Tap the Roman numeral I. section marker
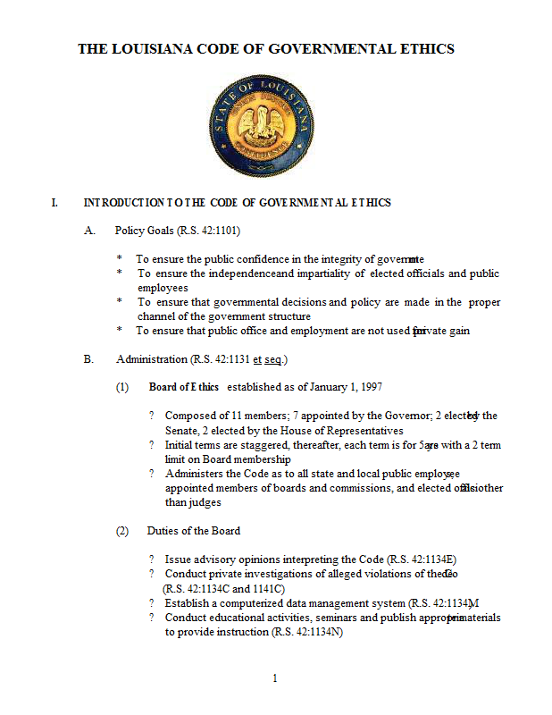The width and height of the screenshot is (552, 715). pos(55,203)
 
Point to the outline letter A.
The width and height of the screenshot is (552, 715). pos(89,231)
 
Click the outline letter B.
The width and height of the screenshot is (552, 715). pos(89,359)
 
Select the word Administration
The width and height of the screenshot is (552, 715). pos(152,359)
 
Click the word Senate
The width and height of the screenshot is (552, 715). pos(183,430)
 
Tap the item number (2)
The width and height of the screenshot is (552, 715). pos(123,530)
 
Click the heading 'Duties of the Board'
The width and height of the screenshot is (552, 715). pos(194,530)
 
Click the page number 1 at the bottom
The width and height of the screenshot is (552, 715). pos(275,678)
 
